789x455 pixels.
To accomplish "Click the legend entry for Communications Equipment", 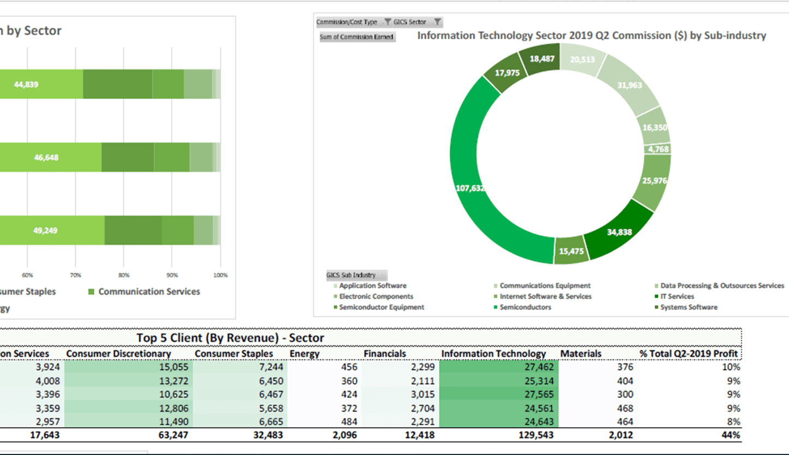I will point(544,286).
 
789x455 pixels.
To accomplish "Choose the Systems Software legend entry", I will point(688,307).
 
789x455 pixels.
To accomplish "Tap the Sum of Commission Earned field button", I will point(357,37).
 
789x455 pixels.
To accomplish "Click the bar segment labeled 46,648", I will point(46,158).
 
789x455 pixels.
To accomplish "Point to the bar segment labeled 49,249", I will point(46,230).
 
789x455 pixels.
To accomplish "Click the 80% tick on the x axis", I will point(124,275).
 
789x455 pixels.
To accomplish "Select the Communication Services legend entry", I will point(148,291).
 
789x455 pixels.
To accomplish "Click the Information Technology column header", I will point(493,354).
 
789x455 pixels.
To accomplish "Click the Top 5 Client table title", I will point(230,338).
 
